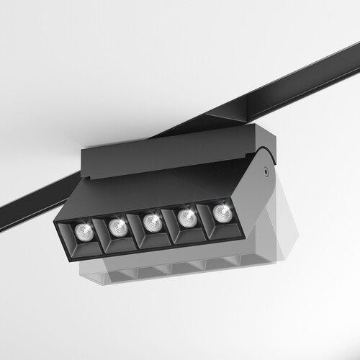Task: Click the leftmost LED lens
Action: [81, 232]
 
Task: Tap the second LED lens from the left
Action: [117, 227]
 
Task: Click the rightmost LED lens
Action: [221, 212]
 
